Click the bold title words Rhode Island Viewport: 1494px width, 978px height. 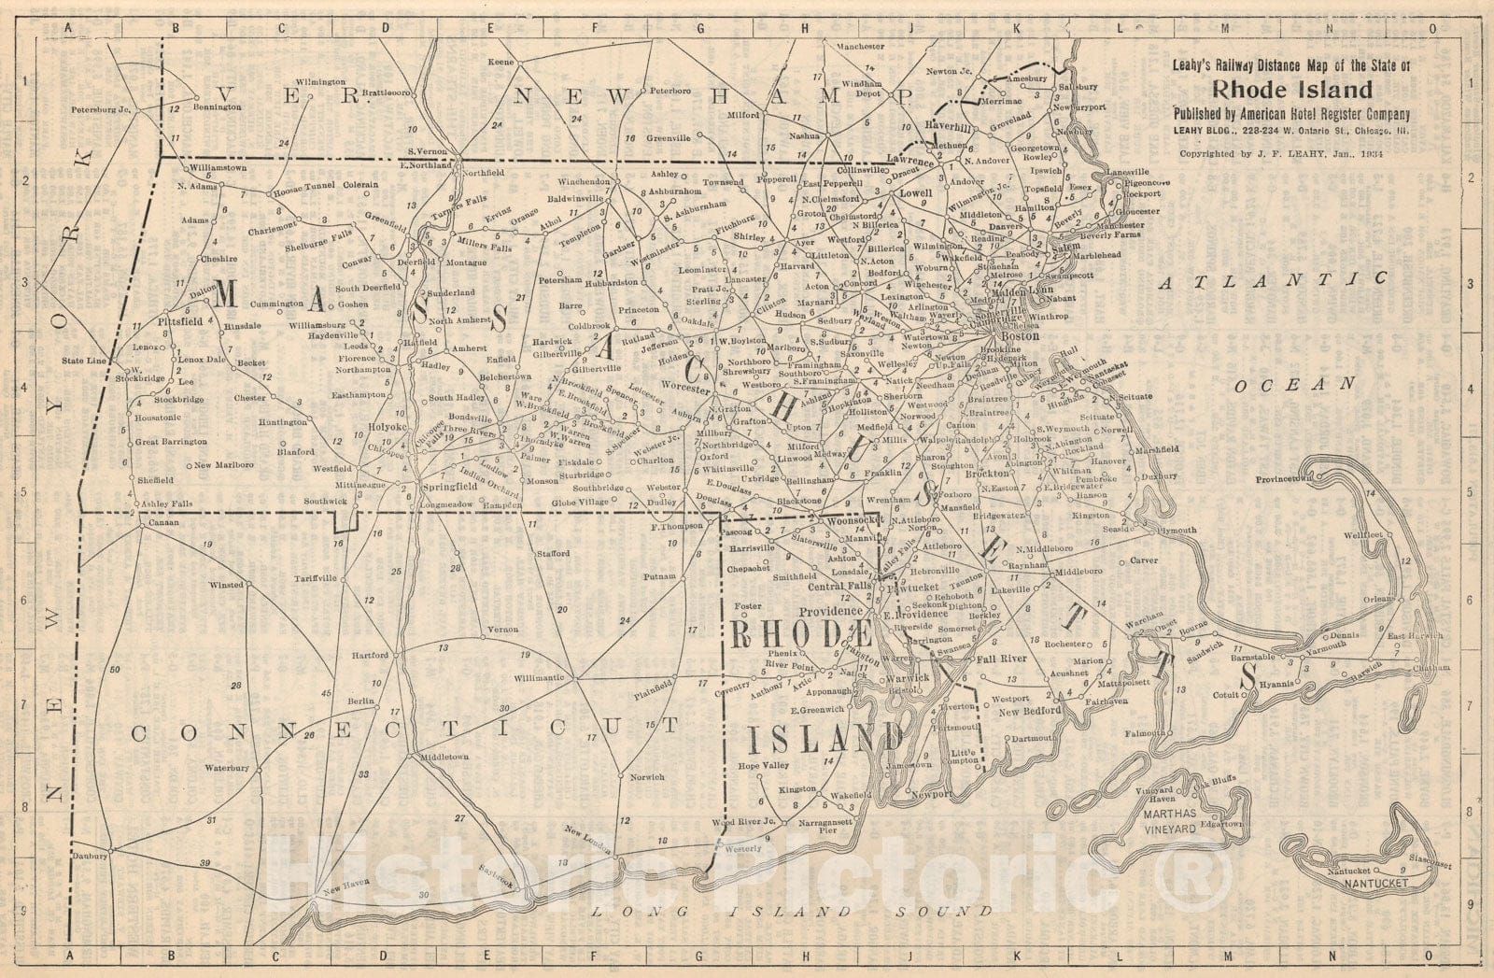(1293, 91)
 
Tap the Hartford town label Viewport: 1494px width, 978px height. (370, 656)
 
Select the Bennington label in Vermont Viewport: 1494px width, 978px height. (218, 107)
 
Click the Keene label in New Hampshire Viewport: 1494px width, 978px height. (502, 63)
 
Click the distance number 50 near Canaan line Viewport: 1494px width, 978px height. (114, 670)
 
